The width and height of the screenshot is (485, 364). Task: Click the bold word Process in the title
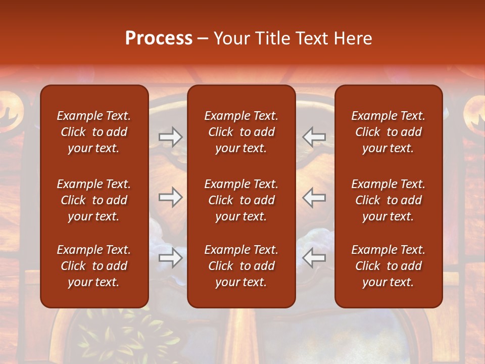click(x=159, y=38)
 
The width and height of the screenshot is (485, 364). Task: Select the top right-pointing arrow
click(x=170, y=137)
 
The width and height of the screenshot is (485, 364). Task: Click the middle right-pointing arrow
click(x=170, y=197)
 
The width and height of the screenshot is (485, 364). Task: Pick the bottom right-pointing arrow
click(x=170, y=258)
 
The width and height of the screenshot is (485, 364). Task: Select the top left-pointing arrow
click(x=314, y=137)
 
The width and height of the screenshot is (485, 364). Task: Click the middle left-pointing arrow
click(x=314, y=197)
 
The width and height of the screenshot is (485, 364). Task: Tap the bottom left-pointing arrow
click(x=314, y=258)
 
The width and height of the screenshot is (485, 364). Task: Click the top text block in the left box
click(x=94, y=132)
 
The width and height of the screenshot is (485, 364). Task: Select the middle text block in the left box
click(x=94, y=200)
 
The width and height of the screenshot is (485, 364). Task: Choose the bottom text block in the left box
click(x=94, y=266)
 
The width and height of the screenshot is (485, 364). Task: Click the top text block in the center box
click(x=241, y=132)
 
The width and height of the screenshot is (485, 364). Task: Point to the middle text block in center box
click(x=241, y=200)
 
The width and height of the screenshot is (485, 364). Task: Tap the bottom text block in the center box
click(x=241, y=266)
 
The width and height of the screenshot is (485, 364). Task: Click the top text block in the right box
click(x=388, y=132)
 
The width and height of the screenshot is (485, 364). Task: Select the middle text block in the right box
click(x=388, y=200)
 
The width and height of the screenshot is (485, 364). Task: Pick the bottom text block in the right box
click(x=388, y=266)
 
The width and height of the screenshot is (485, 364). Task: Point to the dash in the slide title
click(x=203, y=39)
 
